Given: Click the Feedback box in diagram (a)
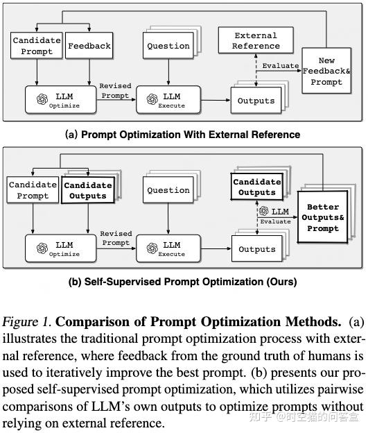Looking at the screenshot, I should (89, 46).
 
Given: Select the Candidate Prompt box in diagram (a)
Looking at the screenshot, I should (37, 46).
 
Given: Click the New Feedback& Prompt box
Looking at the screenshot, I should (326, 71).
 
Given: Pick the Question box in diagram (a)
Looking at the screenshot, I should (168, 46).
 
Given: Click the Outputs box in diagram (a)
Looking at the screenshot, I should (256, 101).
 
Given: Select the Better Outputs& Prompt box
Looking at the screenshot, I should (322, 218).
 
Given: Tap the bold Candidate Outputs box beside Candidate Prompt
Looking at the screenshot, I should (87, 191).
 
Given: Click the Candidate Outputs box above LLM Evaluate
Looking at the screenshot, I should (257, 187).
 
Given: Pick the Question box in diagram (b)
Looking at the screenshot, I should (168, 190).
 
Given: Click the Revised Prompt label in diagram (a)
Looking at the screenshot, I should (115, 90).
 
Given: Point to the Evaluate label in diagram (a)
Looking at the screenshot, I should (281, 67).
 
